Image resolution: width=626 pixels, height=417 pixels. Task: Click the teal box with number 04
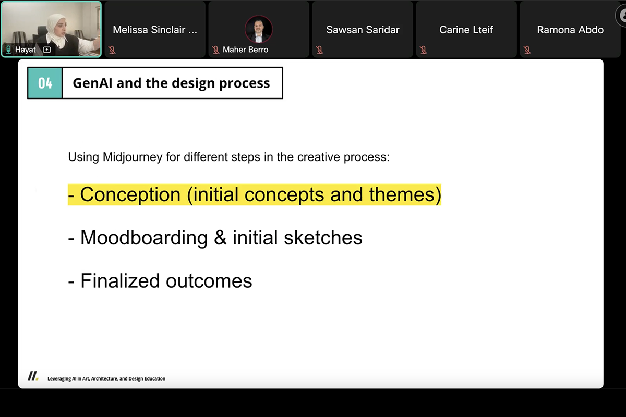point(45,83)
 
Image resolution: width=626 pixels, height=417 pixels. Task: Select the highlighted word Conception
point(130,194)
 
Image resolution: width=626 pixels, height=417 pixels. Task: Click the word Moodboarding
point(144,238)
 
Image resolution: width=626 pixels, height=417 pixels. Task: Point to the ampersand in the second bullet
point(220,238)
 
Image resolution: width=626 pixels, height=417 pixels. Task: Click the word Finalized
point(120,281)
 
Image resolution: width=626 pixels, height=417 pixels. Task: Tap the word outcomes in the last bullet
point(209,281)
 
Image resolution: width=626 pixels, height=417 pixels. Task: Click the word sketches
point(323,238)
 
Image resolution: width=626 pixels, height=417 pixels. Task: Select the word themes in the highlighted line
point(402,194)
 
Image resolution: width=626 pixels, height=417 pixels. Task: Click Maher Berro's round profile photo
point(259,29)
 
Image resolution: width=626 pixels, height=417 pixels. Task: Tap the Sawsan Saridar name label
point(363,30)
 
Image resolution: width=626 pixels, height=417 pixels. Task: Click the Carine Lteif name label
point(466,30)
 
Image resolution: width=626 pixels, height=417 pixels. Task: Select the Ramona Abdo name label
point(570,30)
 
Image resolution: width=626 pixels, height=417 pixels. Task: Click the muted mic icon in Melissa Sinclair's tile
point(112,50)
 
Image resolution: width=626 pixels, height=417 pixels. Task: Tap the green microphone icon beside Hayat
point(9,50)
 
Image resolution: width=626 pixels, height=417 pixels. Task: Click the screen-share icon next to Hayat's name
point(46,50)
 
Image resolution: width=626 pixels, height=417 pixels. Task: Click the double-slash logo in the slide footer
point(33,376)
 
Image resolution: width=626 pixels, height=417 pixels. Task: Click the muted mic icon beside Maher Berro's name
point(215,50)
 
